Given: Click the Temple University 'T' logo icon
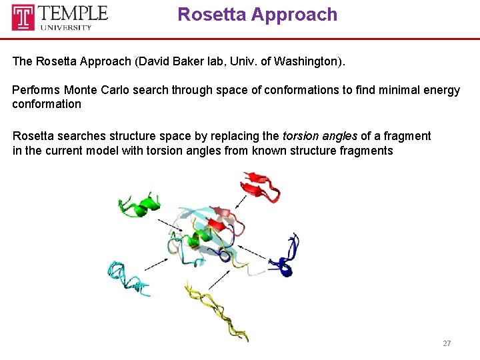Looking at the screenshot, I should click(23, 17).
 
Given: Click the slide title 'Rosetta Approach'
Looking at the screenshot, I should click(257, 15).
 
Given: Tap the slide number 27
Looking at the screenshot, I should click(447, 343).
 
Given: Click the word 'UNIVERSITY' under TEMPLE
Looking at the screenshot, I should click(75, 27).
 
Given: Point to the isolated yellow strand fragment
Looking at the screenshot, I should click(217, 310).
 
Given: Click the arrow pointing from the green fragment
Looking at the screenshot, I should click(174, 226).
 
